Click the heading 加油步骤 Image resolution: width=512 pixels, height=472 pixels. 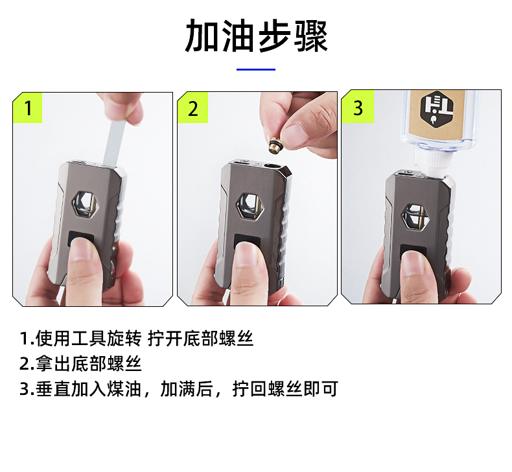point(256,36)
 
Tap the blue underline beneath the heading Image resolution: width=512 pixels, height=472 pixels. point(256,69)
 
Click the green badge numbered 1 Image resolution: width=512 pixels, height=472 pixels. point(27,107)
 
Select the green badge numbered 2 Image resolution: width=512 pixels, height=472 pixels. point(192,107)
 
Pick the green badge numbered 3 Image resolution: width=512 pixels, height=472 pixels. point(358,107)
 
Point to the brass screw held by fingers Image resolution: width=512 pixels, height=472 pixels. point(273,146)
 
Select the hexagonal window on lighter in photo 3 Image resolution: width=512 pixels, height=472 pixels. point(413,217)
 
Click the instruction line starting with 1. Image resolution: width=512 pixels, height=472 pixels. point(137,338)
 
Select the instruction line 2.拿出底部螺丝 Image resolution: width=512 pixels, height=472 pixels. point(80,363)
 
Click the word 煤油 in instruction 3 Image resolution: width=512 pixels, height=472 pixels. point(124,388)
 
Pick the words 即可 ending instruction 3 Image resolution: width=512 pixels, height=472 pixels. point(321,388)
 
